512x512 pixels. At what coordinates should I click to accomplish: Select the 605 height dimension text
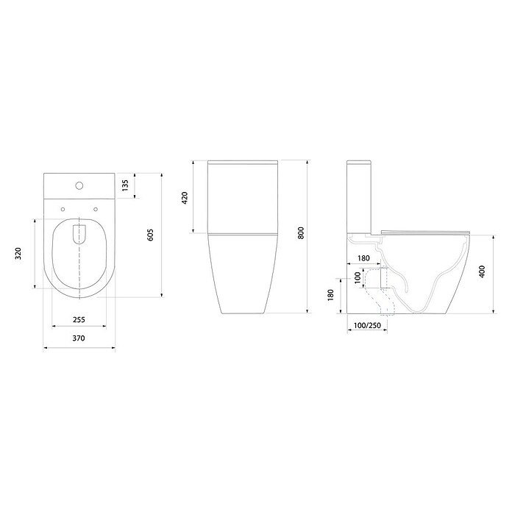tap(151, 235)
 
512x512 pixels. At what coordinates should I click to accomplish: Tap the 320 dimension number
tap(26, 253)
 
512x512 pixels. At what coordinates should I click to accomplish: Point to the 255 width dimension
tap(78, 319)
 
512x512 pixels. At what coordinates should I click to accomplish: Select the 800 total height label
tap(300, 233)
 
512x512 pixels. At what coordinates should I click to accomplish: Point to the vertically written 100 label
tap(357, 280)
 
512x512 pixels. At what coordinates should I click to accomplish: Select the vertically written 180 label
tap(331, 295)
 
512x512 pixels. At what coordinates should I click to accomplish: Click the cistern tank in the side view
tap(361, 195)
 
